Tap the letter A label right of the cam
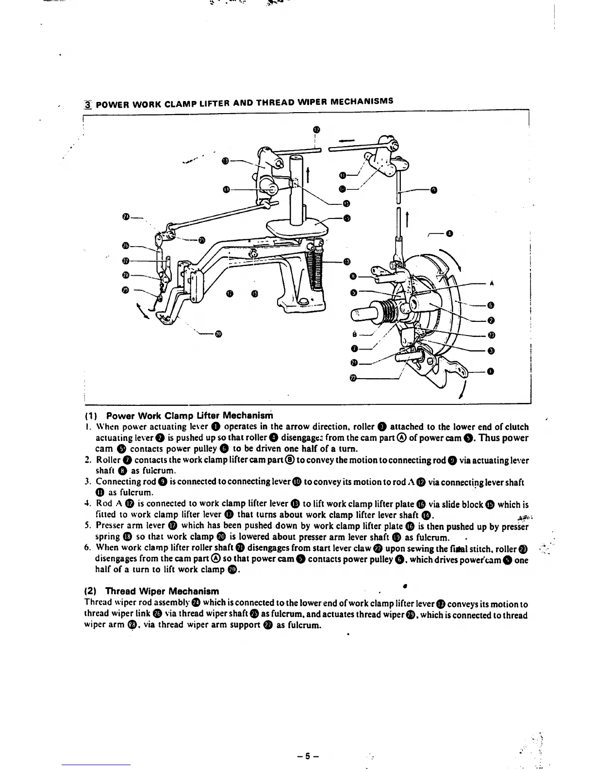click(492, 284)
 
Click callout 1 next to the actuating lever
click(491, 372)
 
